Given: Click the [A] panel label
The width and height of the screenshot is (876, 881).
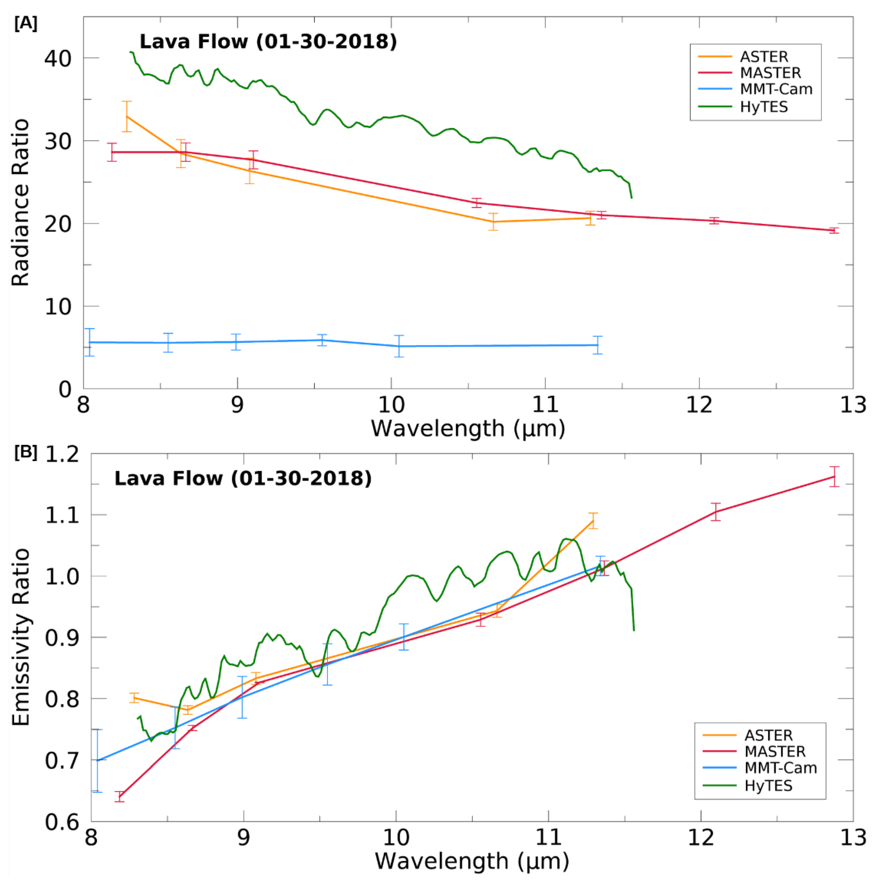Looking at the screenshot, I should click(x=25, y=23).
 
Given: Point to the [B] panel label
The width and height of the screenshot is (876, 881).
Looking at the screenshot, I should click(x=25, y=452).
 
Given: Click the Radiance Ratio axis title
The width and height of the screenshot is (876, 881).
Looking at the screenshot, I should click(x=21, y=203).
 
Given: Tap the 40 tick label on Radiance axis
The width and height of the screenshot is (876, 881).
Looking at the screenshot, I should click(x=58, y=58).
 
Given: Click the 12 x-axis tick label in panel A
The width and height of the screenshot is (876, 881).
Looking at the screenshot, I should click(x=699, y=405).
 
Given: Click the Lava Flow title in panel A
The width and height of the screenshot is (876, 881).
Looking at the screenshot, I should click(x=268, y=42).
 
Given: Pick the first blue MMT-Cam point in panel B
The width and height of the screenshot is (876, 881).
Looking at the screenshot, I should click(x=97, y=760).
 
